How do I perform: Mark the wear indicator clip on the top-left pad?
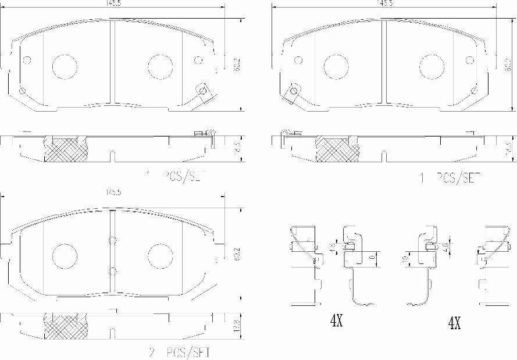point(203,93)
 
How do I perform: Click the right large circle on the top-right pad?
point(431,66)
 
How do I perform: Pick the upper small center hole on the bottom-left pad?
point(113,240)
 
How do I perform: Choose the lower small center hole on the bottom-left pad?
point(113,270)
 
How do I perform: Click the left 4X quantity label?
point(337,320)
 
